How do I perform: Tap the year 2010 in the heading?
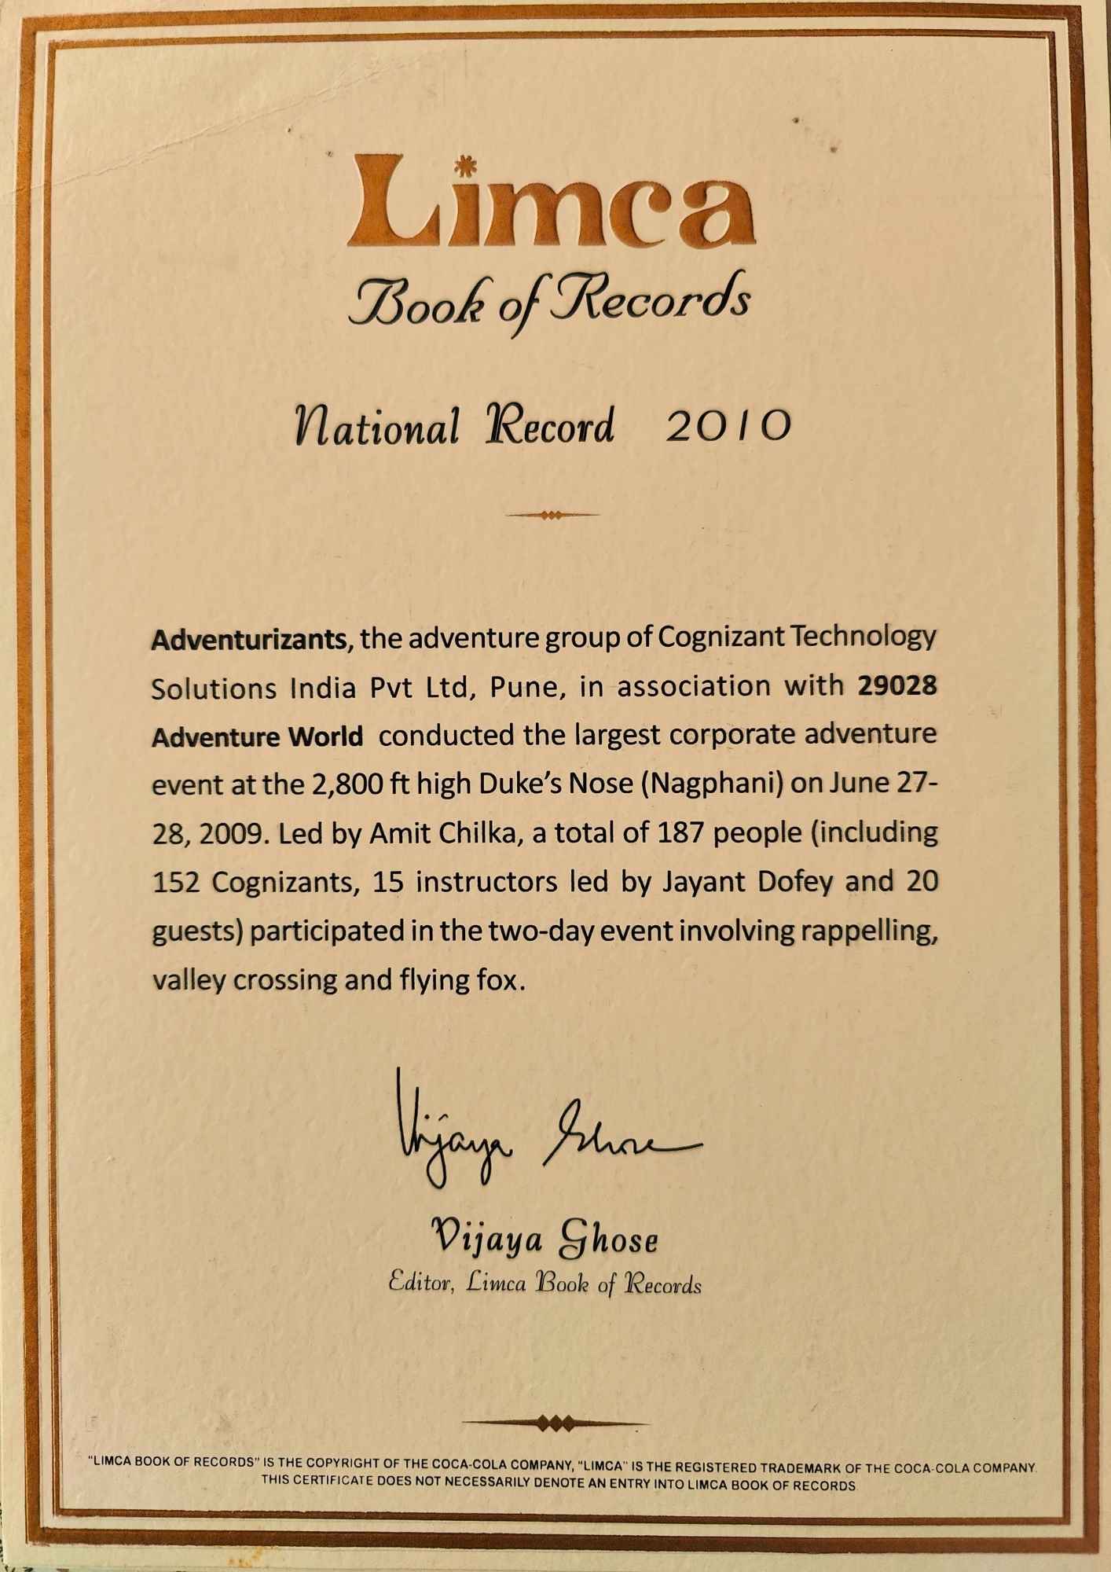click(x=727, y=425)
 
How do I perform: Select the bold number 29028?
click(x=897, y=685)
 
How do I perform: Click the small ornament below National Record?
click(x=552, y=516)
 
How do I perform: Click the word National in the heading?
click(x=376, y=427)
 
